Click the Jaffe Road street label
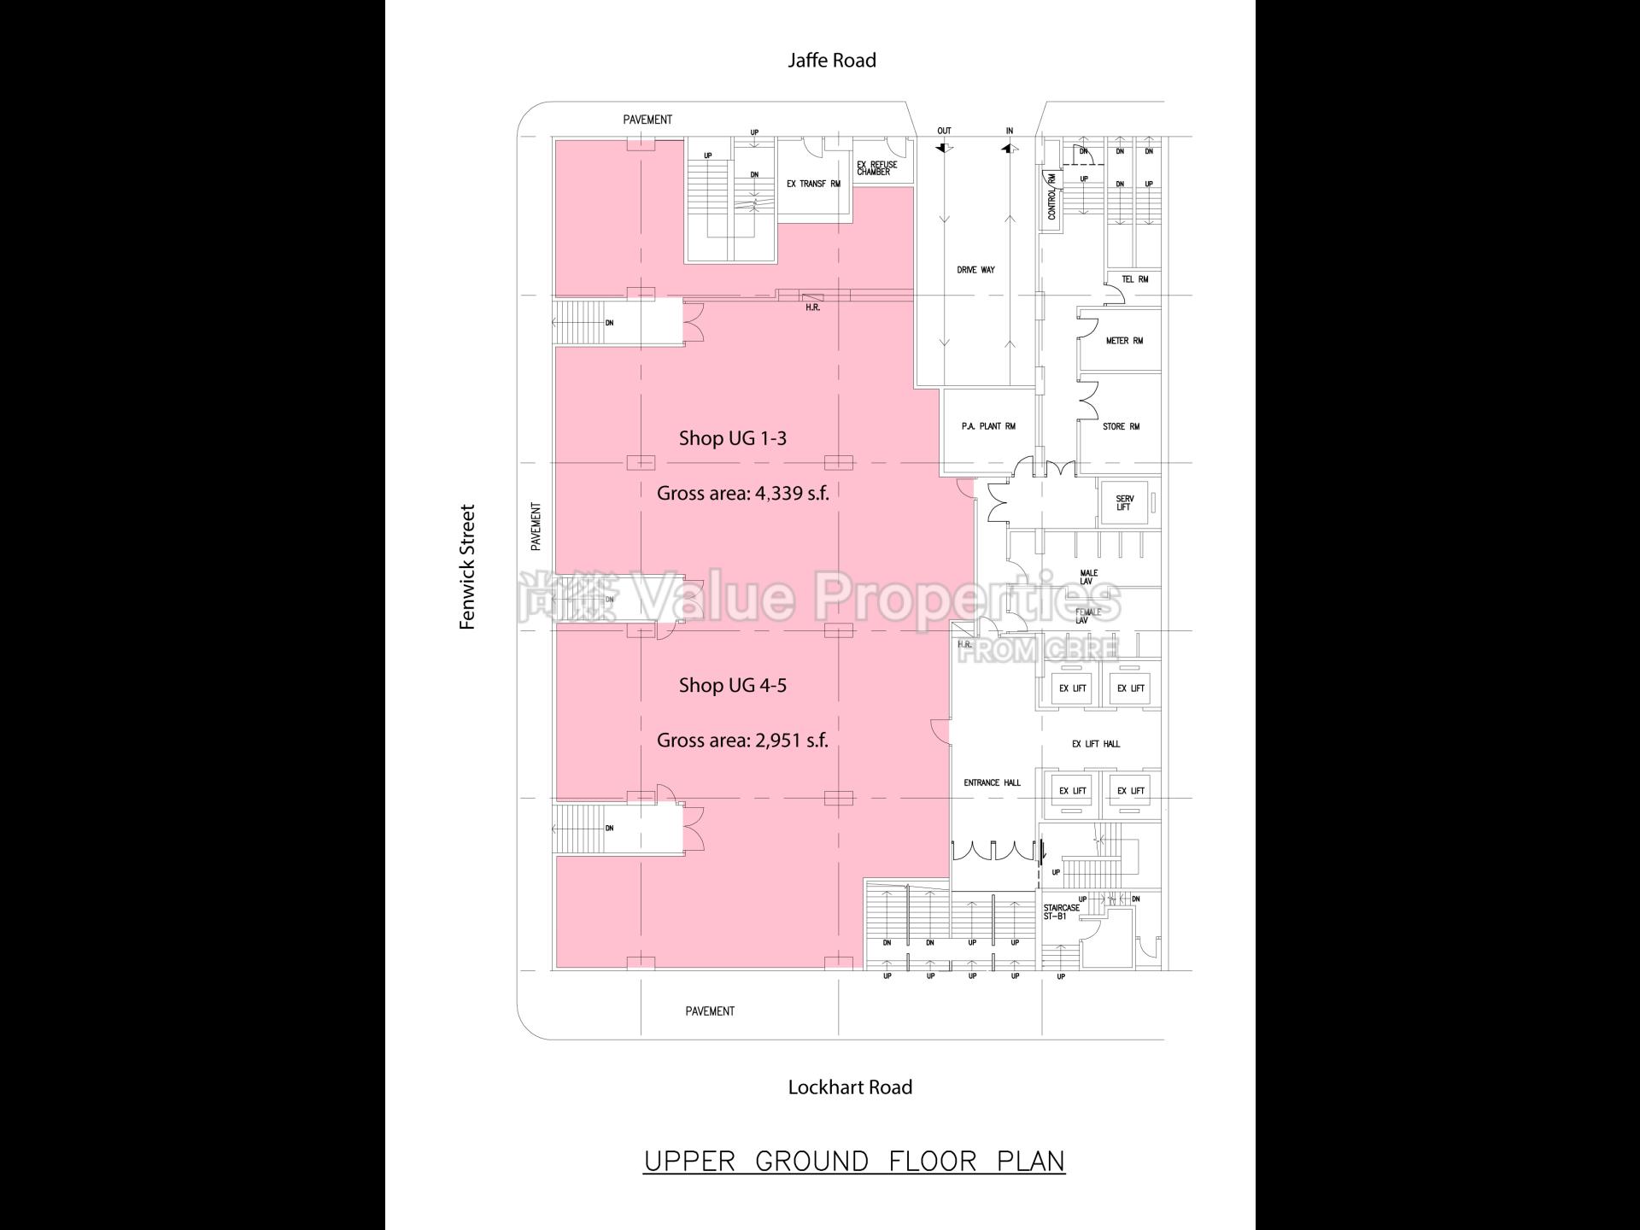[x=831, y=60]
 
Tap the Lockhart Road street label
[x=850, y=1087]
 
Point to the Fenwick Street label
[x=467, y=567]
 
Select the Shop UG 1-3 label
[x=732, y=438]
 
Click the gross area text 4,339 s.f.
[x=742, y=493]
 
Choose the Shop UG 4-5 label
[x=732, y=685]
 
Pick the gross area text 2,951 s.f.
[x=742, y=740]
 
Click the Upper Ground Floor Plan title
[x=854, y=1162]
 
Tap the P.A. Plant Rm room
[x=988, y=426]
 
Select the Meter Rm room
[x=1123, y=341]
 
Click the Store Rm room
[x=1121, y=426]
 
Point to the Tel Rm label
[x=1134, y=279]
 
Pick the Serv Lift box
[x=1125, y=503]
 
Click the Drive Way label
[x=975, y=270]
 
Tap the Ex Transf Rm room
[x=813, y=184]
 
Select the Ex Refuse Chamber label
[x=877, y=168]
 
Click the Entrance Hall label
[x=992, y=782]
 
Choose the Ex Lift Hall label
[x=1096, y=744]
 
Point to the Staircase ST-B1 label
[x=1061, y=912]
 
